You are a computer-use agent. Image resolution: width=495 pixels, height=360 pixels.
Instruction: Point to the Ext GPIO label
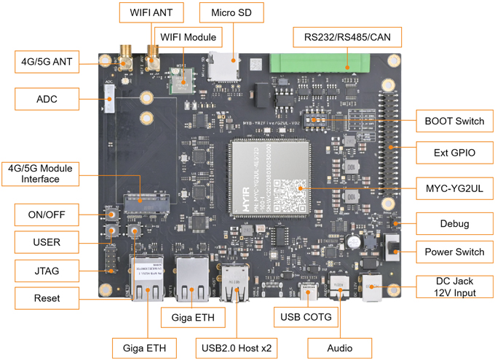(449, 153)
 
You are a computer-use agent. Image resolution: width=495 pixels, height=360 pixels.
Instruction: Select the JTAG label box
(47, 271)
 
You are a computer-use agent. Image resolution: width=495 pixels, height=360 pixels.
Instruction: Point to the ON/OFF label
(47, 215)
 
